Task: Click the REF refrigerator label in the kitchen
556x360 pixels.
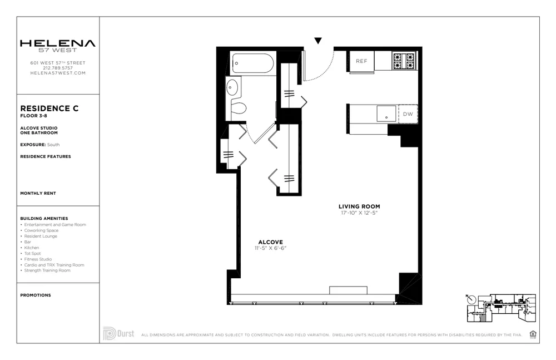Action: click(x=361, y=61)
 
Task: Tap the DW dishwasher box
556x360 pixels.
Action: click(x=408, y=114)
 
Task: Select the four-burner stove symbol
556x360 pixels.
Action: click(x=404, y=61)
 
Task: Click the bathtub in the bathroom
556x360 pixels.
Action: click(x=253, y=63)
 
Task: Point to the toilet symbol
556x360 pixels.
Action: click(x=238, y=107)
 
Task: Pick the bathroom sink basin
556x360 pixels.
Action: click(x=232, y=87)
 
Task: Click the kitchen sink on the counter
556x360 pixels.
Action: click(x=386, y=114)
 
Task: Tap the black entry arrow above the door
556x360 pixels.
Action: click(x=318, y=41)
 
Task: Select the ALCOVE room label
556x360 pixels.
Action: click(x=270, y=242)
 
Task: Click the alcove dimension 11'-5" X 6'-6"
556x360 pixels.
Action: click(x=270, y=248)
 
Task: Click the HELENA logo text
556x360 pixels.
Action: click(x=58, y=43)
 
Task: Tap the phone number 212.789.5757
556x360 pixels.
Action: click(x=58, y=68)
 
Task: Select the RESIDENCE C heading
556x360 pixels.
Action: click(x=49, y=109)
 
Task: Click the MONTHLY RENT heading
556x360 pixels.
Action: click(x=38, y=193)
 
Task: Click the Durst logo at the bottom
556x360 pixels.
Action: click(x=118, y=334)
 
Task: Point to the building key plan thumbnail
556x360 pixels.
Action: click(x=500, y=308)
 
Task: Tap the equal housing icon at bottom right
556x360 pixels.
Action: click(x=533, y=334)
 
